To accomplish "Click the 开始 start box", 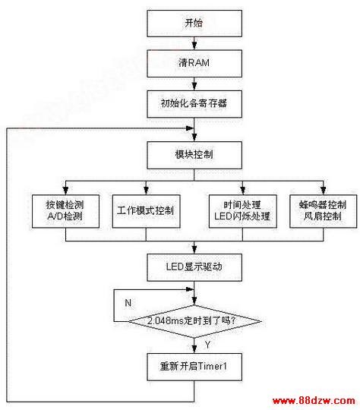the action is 194,24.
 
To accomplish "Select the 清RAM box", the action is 194,64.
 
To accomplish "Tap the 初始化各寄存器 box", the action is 194,104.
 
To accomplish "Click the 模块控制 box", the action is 194,155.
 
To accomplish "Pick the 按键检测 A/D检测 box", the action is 65,211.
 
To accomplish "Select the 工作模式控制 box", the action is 146,211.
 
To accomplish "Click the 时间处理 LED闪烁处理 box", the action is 242,211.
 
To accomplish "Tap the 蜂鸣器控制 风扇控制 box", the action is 323,211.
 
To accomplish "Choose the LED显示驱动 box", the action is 194,267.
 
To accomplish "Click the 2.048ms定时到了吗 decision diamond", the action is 194,321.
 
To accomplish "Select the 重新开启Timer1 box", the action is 194,367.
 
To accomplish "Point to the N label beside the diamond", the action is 128,303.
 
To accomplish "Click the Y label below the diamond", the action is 207,345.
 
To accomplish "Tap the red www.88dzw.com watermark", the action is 314,401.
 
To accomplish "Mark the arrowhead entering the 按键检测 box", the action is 65,191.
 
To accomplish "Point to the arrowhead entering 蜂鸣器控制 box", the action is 323,191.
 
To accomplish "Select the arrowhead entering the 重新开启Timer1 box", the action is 194,349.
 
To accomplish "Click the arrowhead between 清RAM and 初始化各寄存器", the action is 194,87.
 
